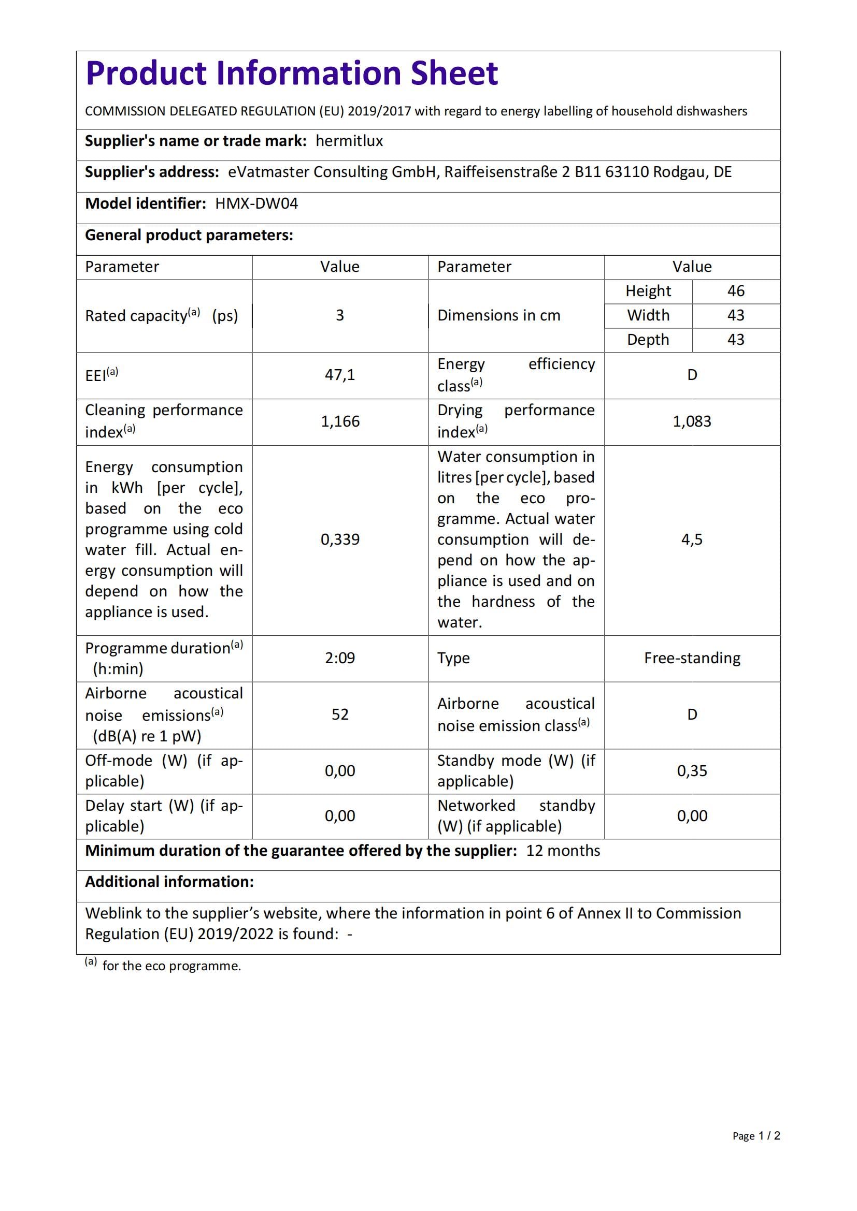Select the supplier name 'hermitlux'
tap(349, 141)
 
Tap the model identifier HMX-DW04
tap(256, 203)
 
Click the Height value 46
tap(735, 291)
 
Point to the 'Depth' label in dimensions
tap(648, 340)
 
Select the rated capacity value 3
tap(340, 315)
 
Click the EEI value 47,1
tap(340, 375)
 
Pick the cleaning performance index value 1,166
tap(340, 421)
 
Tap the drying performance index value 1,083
tap(691, 421)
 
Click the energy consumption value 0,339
tap(340, 539)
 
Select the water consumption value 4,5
tap(691, 539)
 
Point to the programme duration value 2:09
tap(340, 658)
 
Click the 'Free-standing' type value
tap(691, 658)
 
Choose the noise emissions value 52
tap(340, 714)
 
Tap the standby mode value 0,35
tap(691, 771)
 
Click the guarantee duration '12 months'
tap(563, 851)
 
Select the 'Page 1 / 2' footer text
tap(755, 1135)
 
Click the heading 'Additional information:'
tap(169, 882)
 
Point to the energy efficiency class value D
tap(691, 375)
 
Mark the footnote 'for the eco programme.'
tap(171, 966)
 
